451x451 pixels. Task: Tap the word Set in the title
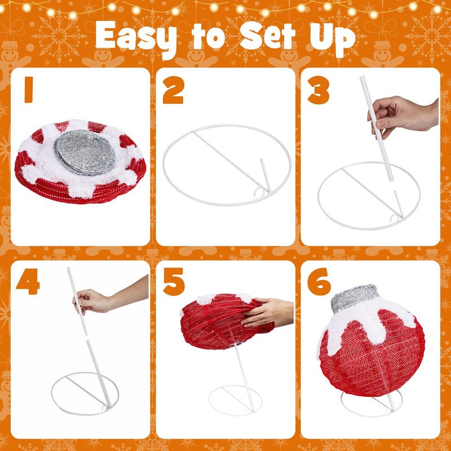pyautogui.click(x=267, y=36)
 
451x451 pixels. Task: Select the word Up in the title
pyautogui.click(x=333, y=39)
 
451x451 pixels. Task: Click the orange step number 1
pyautogui.click(x=29, y=90)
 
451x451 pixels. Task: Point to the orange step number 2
pyautogui.click(x=173, y=90)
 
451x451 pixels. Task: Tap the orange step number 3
pyautogui.click(x=318, y=90)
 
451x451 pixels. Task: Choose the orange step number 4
pyautogui.click(x=28, y=281)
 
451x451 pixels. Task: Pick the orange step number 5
pyautogui.click(x=174, y=281)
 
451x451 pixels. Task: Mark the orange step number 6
pyautogui.click(x=319, y=281)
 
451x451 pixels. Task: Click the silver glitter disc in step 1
pyautogui.click(x=85, y=152)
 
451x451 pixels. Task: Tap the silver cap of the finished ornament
pyautogui.click(x=355, y=298)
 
